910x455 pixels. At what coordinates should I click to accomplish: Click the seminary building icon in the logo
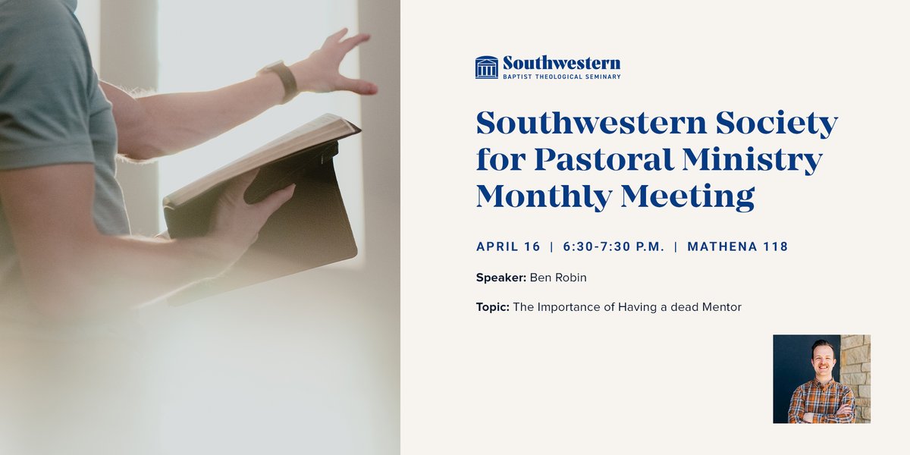point(486,67)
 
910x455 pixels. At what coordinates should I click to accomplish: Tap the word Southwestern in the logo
point(561,63)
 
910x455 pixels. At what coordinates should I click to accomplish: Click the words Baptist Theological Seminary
point(561,77)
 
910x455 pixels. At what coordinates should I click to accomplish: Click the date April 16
point(508,246)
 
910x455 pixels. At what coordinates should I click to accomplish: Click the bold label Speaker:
point(500,278)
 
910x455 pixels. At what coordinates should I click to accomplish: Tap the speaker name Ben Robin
point(558,278)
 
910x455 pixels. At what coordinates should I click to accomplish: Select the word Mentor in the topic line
point(722,307)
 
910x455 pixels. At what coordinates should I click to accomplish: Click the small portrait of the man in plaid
point(821,378)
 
